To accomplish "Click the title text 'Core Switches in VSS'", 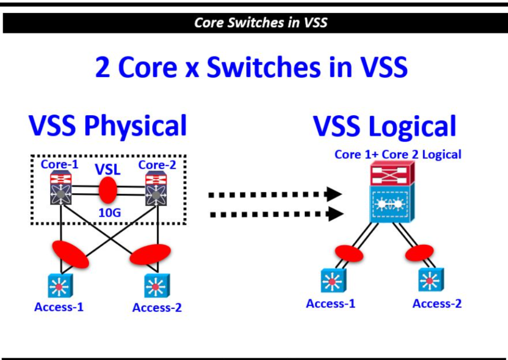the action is pos(261,23).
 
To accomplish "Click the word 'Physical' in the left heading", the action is pos(135,126).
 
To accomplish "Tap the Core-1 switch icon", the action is pos(61,188).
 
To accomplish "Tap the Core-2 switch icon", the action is pos(156,188).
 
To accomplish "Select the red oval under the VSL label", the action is pos(108,190).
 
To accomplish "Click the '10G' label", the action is pos(110,213).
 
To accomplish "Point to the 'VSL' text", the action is pos(108,170).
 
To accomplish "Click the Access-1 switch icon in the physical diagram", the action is pos(60,286).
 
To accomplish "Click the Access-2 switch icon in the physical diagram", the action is pos(157,286).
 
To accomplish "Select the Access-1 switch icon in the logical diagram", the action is pos(333,281).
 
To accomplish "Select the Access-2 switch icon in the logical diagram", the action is pos(431,280).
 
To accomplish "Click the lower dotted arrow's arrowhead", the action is pos(336,214).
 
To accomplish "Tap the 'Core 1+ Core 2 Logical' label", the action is pos(398,154).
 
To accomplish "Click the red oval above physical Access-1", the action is pos(70,254).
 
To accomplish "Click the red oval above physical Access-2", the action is pos(150,254).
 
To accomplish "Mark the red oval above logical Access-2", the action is pos(419,253).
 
